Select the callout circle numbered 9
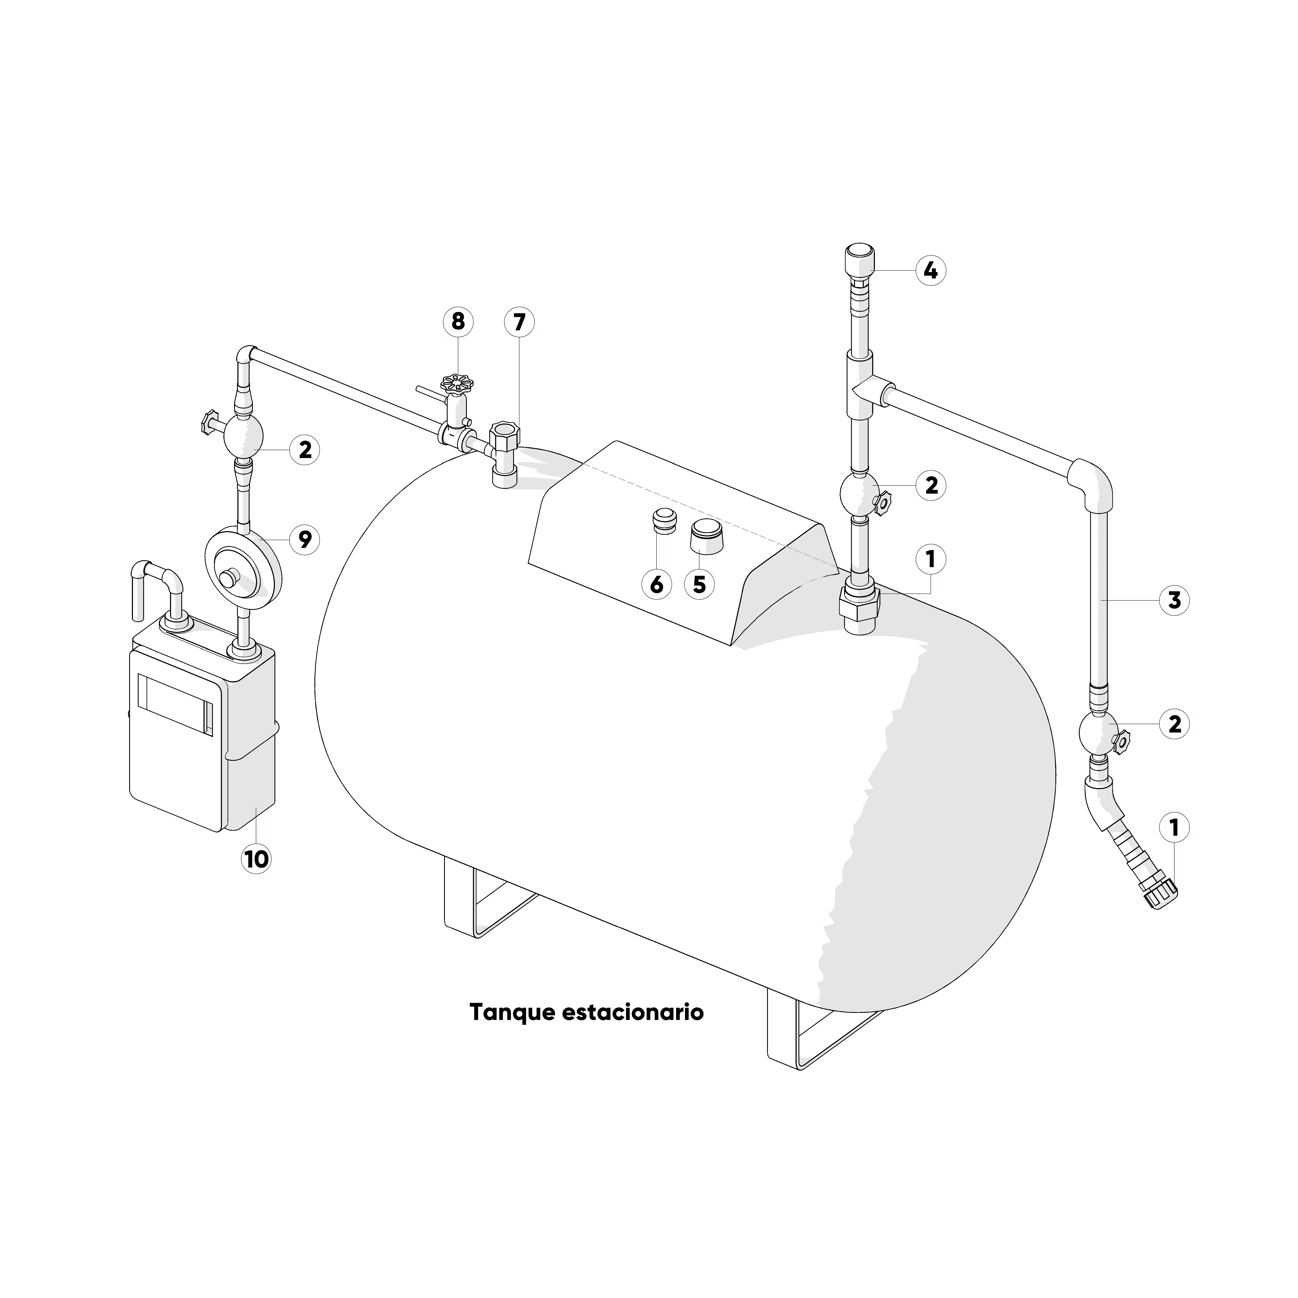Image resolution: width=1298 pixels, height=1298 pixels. point(305,539)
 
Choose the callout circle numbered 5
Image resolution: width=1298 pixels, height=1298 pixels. point(699,585)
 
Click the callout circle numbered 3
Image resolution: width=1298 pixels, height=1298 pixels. point(1174,600)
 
